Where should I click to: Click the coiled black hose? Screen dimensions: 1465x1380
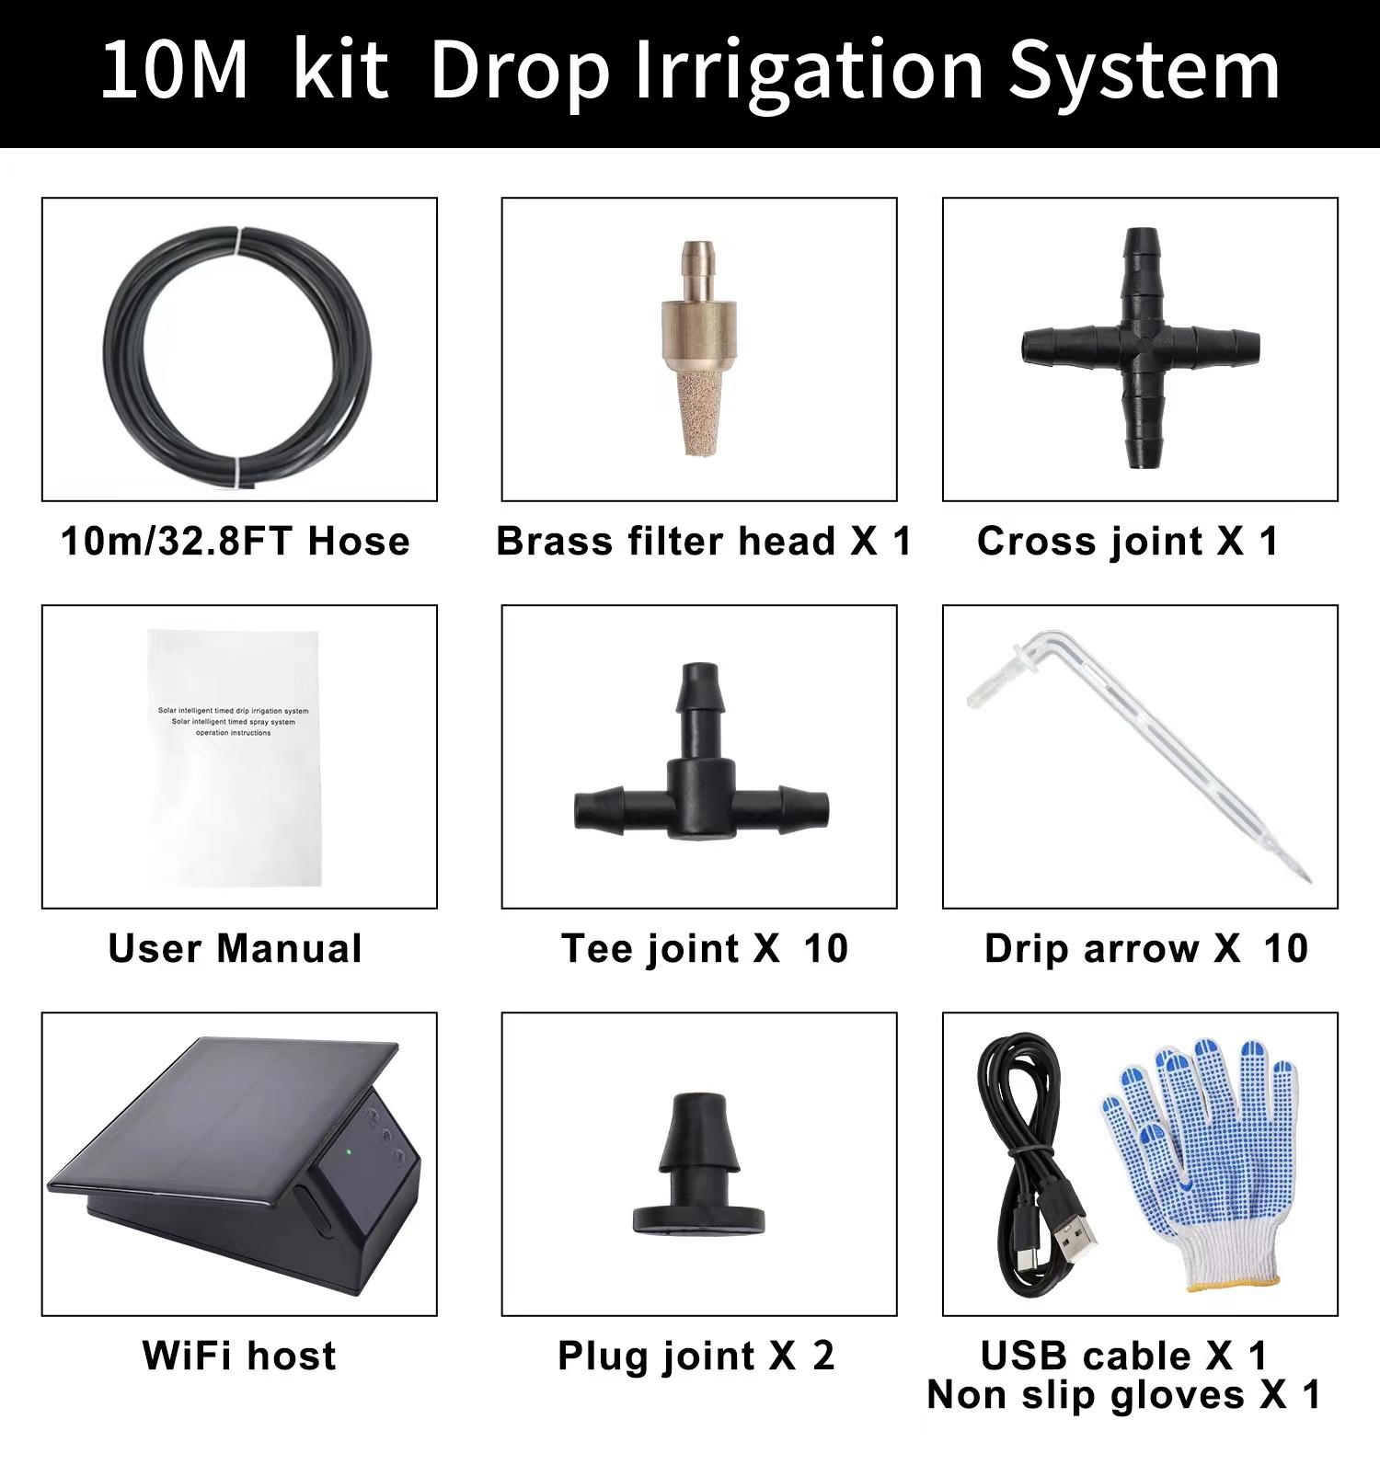pyautogui.click(x=138, y=395)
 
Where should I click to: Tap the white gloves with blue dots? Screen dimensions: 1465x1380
pyautogui.click(x=1205, y=1168)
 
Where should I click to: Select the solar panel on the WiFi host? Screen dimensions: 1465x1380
pyautogui.click(x=221, y=1117)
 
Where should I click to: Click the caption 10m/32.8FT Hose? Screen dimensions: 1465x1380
pyautogui.click(x=236, y=541)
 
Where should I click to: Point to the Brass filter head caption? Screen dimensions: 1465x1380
pyautogui.click(x=703, y=541)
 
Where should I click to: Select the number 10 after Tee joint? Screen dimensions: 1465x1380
pyautogui.click(x=825, y=948)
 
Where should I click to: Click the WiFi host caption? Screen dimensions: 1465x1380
pyautogui.click(x=239, y=1356)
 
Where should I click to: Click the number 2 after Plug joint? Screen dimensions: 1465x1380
pyautogui.click(x=822, y=1356)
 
